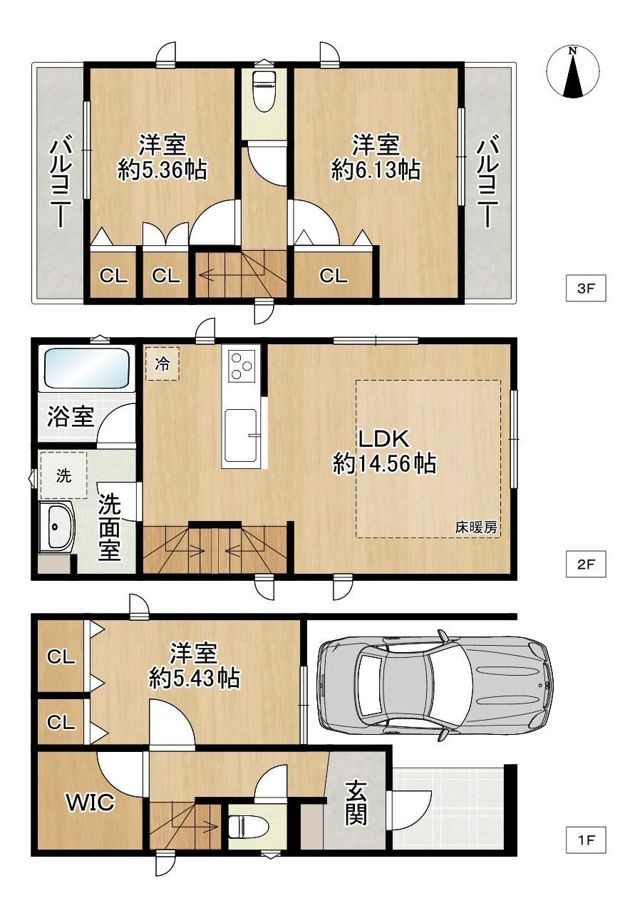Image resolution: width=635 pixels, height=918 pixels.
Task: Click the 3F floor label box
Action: (585, 288)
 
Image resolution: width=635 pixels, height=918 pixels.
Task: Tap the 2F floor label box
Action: (585, 564)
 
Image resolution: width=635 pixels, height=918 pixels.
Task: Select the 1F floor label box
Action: (585, 840)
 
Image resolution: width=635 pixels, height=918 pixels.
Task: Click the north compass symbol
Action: (573, 73)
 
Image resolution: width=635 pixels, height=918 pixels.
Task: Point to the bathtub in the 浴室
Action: (86, 368)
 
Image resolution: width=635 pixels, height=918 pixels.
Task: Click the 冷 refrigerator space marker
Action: (162, 363)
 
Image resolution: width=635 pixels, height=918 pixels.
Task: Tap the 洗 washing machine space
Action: (63, 475)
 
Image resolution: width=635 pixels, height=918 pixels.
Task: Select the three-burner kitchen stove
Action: (240, 364)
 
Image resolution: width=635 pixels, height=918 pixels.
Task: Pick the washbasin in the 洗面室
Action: (57, 527)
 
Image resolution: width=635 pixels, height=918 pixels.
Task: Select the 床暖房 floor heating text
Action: (476, 527)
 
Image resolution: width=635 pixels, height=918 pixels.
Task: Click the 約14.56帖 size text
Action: (384, 464)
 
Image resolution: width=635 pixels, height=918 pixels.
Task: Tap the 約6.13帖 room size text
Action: (376, 170)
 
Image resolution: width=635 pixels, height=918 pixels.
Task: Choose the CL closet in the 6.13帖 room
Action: (334, 276)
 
